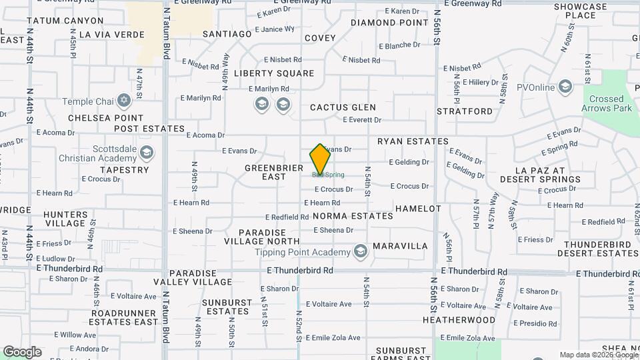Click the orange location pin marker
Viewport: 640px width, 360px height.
pos(321,159)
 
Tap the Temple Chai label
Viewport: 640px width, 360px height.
pos(88,102)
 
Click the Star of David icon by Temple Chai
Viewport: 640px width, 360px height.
pos(123,101)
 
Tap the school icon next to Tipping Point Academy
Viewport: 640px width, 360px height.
pos(361,251)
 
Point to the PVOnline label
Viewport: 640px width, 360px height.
pos(536,87)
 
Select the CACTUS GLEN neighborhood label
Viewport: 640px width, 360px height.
pos(343,107)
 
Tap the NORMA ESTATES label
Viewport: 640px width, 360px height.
pos(353,216)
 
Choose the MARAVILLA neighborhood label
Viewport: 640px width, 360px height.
pos(400,246)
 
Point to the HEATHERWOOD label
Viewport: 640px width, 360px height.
pos(459,320)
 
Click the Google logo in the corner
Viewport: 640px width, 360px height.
pos(22,351)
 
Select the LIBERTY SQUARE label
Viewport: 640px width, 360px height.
pos(273,73)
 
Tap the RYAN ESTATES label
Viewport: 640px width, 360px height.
pos(413,141)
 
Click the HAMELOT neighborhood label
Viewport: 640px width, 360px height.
pos(418,209)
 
